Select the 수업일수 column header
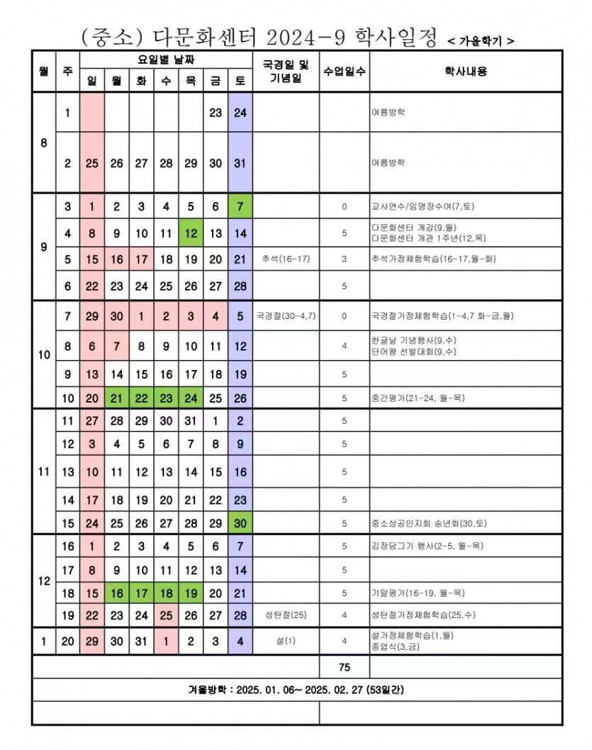click(x=344, y=72)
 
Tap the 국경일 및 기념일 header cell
click(x=286, y=72)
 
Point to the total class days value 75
click(x=344, y=667)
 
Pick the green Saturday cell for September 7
click(x=240, y=207)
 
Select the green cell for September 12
click(x=191, y=233)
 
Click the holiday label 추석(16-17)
click(x=285, y=259)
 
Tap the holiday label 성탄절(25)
click(x=285, y=615)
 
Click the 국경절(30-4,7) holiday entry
click(x=285, y=316)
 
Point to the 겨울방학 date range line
click(x=296, y=689)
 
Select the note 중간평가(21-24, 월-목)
click(x=418, y=398)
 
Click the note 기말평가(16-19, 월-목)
click(x=418, y=593)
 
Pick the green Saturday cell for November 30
click(x=240, y=523)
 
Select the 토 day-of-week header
click(x=240, y=81)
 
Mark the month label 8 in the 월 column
click(x=43, y=142)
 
